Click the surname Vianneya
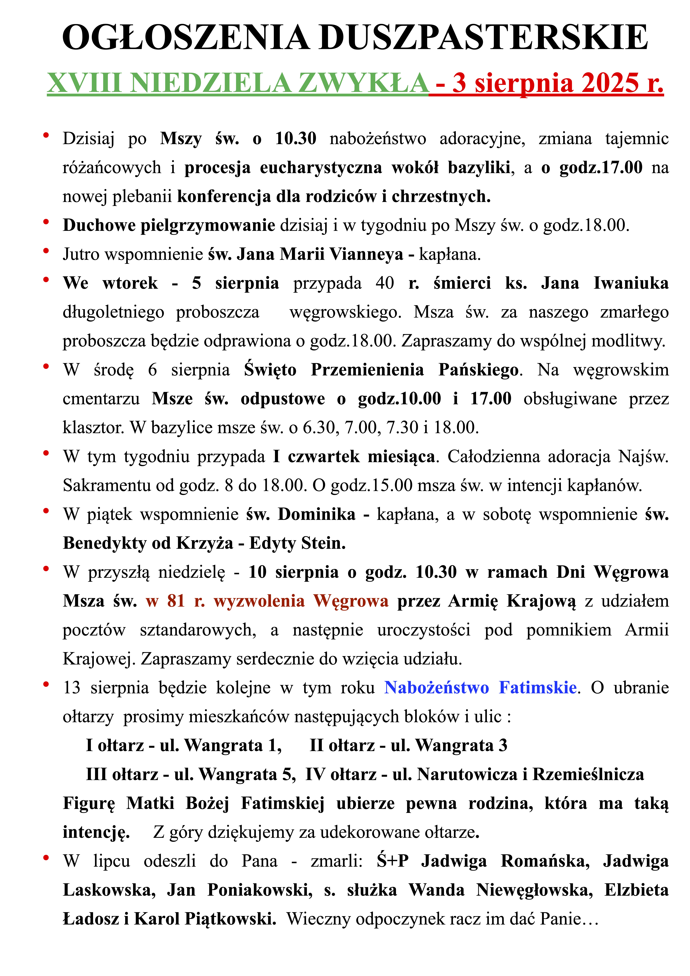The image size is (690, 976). [366, 254]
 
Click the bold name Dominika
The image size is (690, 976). [316, 514]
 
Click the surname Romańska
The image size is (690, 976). [545, 861]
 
